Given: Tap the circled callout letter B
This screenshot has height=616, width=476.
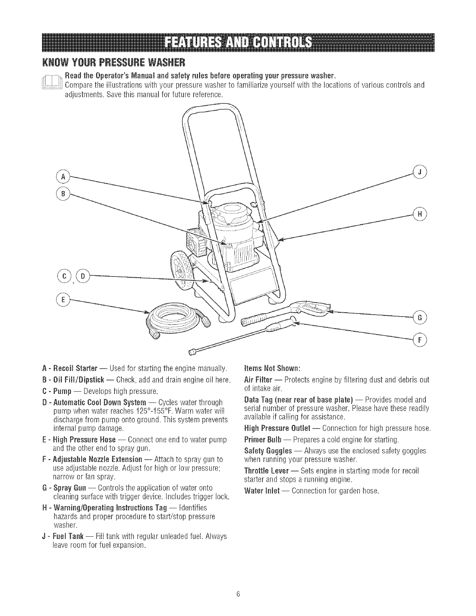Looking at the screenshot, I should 62,192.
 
